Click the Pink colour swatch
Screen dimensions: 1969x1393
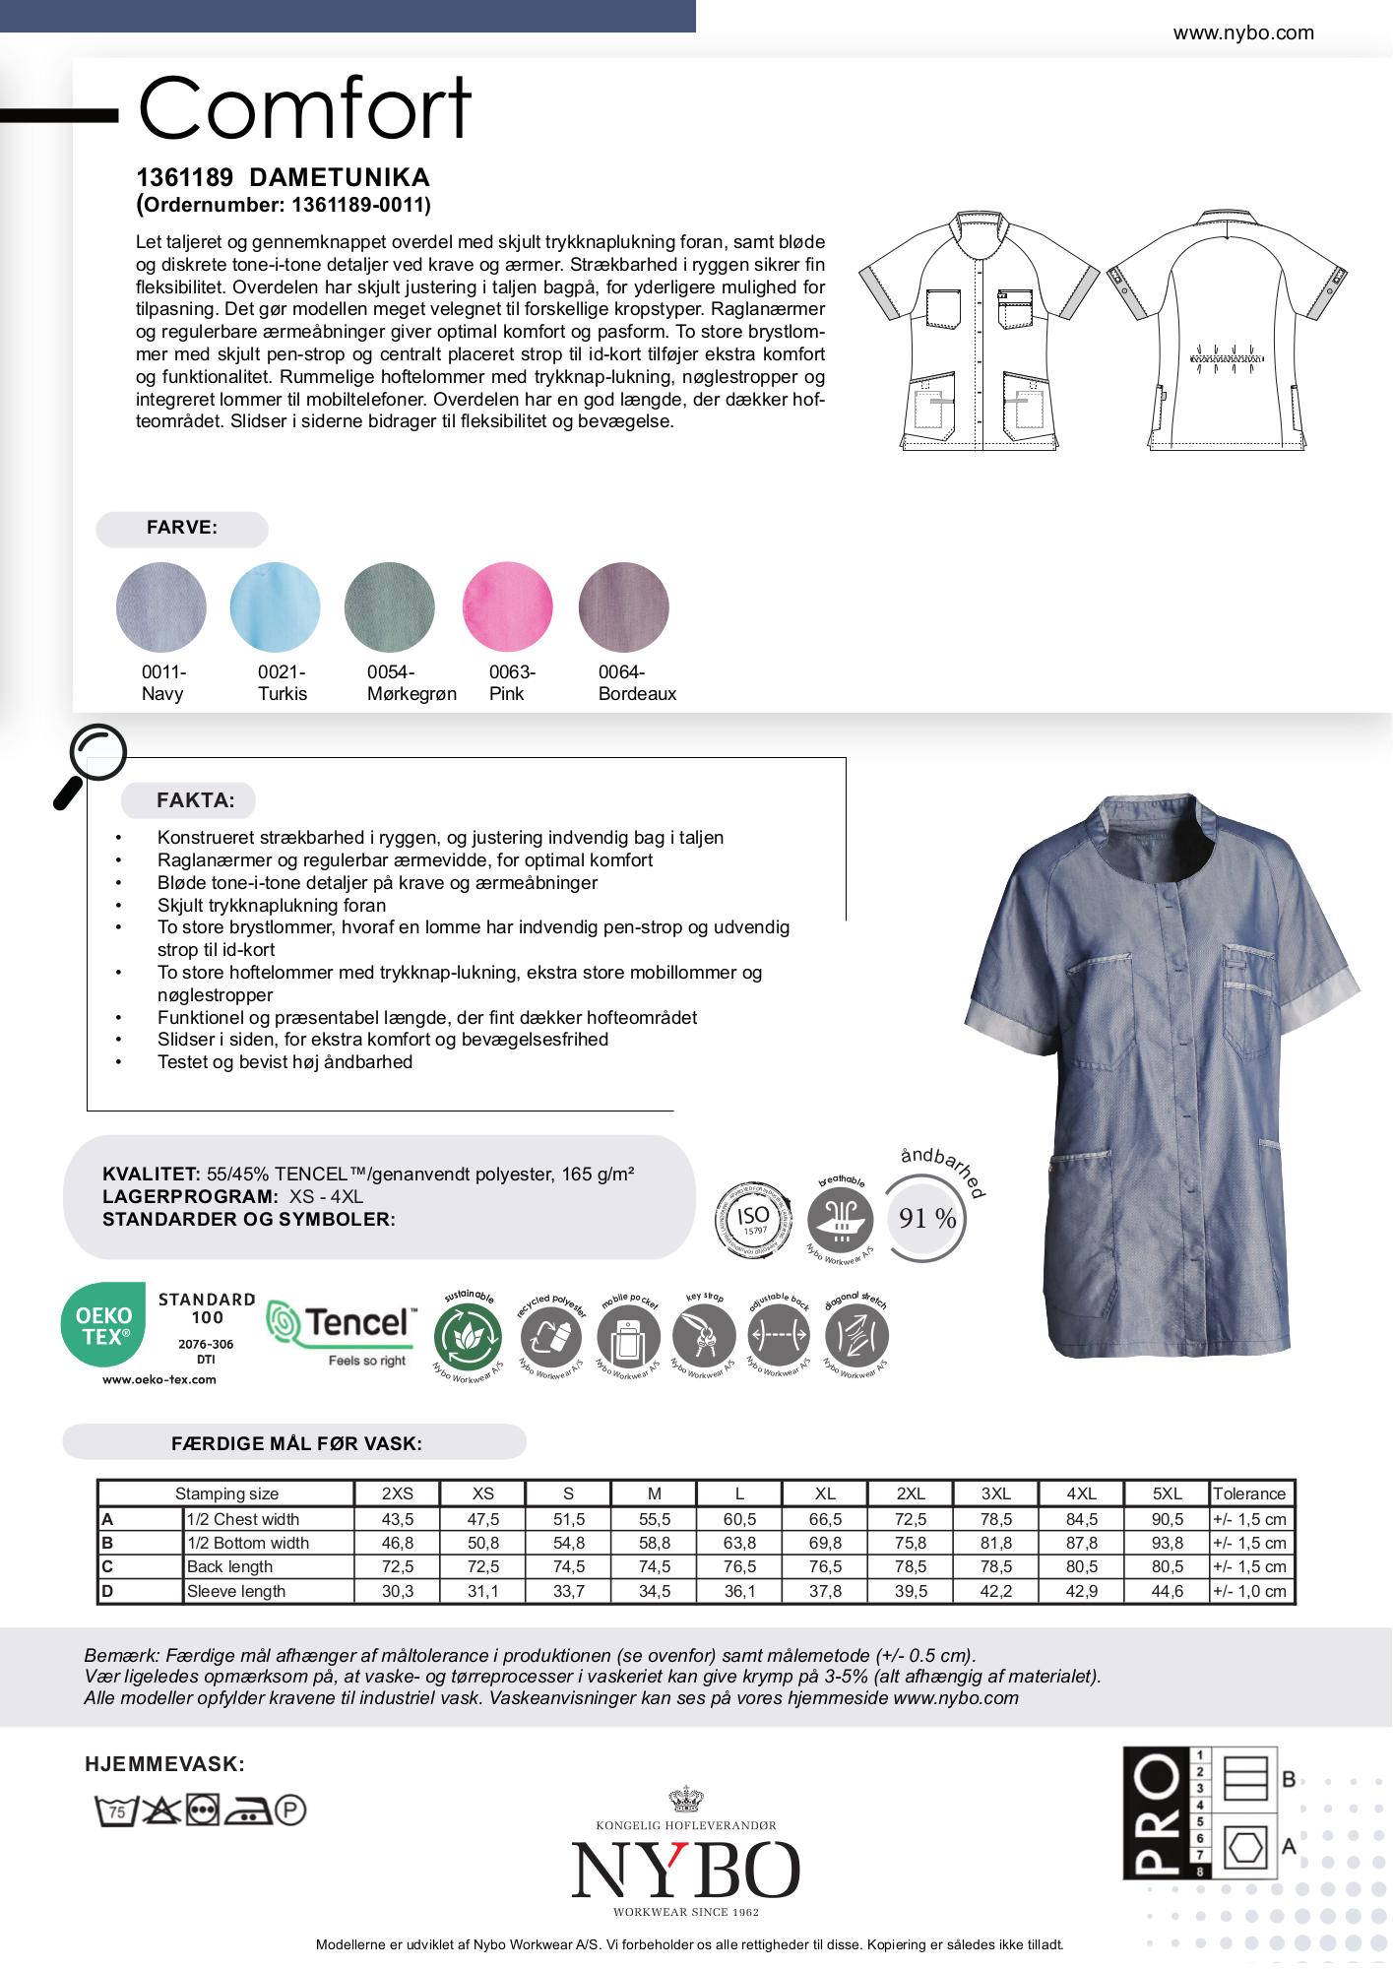(x=508, y=606)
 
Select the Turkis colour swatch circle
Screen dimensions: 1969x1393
(x=275, y=606)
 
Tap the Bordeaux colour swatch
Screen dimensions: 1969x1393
(x=624, y=606)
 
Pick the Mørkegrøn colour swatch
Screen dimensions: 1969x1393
(x=390, y=606)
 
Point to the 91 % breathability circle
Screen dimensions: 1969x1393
(x=926, y=1219)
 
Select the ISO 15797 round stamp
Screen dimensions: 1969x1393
(x=753, y=1220)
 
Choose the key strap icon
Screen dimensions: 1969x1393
(x=704, y=1337)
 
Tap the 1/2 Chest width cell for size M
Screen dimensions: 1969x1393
(x=654, y=1519)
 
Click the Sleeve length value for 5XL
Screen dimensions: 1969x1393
(x=1168, y=1591)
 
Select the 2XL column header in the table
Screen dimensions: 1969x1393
(x=911, y=1493)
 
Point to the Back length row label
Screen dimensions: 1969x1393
(x=229, y=1567)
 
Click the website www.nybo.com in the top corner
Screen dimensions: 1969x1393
(x=1242, y=33)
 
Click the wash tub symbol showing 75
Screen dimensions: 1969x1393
(x=115, y=1810)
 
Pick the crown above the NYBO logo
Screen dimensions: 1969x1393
(x=686, y=1800)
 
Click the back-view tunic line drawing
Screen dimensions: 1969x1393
(x=1227, y=330)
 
